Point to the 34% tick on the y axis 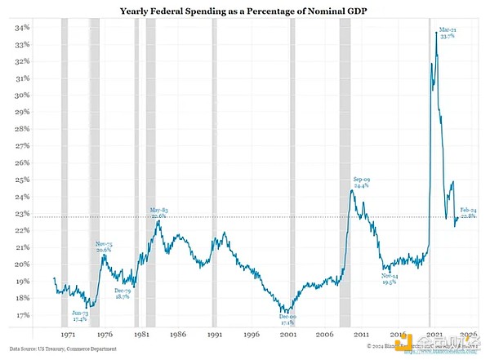click(21, 27)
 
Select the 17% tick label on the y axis click(21, 315)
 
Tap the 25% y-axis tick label click(21, 180)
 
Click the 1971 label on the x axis click(69, 335)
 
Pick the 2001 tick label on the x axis click(286, 335)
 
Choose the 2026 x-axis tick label click(467, 335)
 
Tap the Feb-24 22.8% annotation click(470, 214)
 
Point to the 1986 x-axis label click(177, 335)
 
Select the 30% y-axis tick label click(21, 95)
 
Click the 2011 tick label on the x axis click(359, 335)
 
